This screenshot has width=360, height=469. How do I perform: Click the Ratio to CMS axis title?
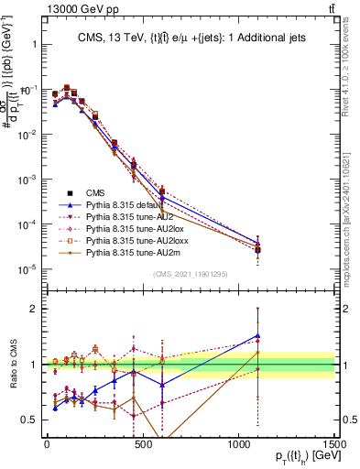click(12, 364)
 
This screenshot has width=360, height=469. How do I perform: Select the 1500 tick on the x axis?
click(333, 443)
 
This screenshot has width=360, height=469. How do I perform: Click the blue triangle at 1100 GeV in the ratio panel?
click(257, 335)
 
